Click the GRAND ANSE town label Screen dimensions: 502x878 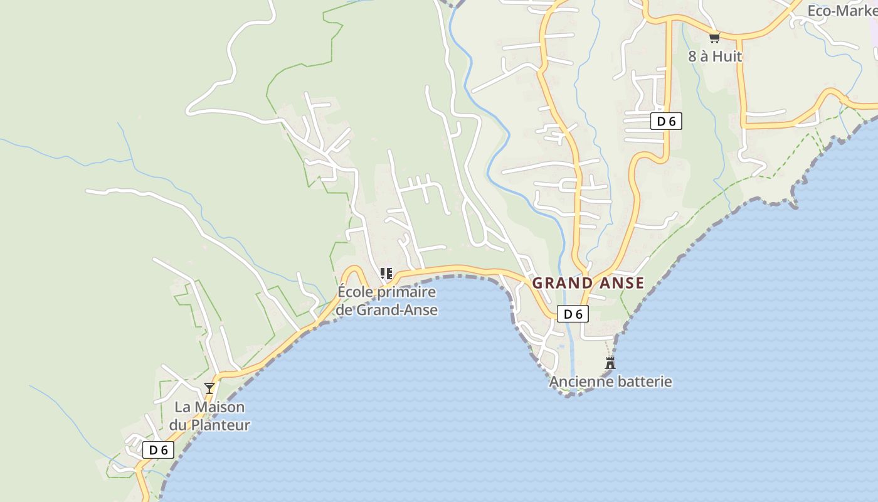coord(588,283)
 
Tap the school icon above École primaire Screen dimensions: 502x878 coord(386,274)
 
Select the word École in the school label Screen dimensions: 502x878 coord(355,292)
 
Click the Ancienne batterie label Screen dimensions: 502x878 coord(610,382)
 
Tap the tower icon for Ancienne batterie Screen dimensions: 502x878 coord(610,363)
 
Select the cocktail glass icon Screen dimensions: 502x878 coord(209,388)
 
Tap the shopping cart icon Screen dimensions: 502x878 coord(714,38)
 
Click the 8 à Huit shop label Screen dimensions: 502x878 coord(715,56)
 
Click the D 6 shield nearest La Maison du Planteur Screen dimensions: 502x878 coord(158,450)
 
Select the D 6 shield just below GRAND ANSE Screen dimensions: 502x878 coord(573,314)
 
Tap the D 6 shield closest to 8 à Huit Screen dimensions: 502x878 coord(666,121)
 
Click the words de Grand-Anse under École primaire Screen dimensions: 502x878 coord(386,310)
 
